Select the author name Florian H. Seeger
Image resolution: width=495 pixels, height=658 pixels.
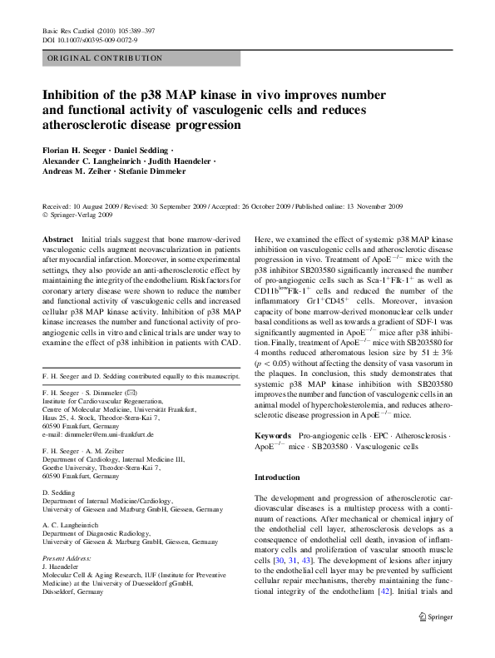[x=78, y=150]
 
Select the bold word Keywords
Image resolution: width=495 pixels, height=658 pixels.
[x=272, y=435]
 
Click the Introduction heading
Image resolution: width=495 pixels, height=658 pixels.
[x=277, y=477]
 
